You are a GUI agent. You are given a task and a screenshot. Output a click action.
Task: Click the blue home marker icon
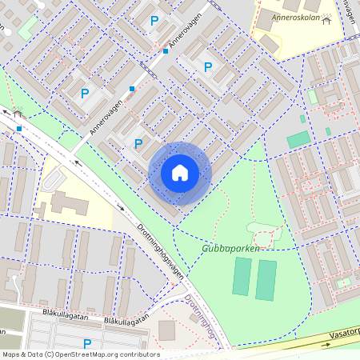pos(180,173)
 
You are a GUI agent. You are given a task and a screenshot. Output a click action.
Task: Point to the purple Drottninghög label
pos(200,319)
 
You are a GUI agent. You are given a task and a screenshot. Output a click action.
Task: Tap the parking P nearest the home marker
pos(138,144)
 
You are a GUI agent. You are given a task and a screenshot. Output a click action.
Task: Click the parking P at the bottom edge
pos(87,344)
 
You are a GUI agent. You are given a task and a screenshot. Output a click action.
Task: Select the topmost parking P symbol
pos(154,21)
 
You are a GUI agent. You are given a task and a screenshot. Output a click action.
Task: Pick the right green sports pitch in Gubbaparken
pos(266,280)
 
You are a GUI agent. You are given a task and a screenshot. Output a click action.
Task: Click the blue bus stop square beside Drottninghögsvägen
pos(19,128)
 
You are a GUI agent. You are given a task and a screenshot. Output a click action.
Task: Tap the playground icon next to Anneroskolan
pos(326,19)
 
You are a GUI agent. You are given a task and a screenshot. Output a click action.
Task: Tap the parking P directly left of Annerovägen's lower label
pos(85,94)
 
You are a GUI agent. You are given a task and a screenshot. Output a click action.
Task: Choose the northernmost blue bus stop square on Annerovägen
pos(166,51)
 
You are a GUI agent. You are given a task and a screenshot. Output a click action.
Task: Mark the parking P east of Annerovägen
pos(208,67)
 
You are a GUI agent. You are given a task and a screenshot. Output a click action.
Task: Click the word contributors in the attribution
pos(138,354)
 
